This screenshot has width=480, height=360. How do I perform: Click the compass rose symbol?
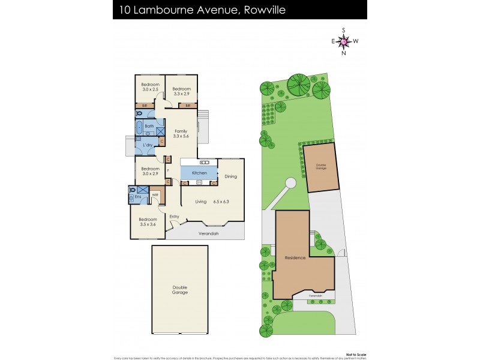[344, 41]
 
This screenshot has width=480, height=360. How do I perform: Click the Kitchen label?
[199, 173]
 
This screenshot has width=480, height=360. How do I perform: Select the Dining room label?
[231, 176]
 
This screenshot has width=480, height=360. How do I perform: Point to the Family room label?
[181, 131]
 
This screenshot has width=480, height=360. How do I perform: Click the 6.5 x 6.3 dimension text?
[226, 202]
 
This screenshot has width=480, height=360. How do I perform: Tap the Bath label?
[149, 126]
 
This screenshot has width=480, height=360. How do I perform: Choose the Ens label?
[137, 197]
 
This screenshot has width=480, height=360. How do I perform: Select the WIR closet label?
[154, 195]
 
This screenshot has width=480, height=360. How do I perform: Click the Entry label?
[175, 217]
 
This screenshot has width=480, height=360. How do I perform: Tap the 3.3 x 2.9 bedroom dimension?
[181, 94]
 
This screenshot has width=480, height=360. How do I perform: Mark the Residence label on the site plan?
[295, 258]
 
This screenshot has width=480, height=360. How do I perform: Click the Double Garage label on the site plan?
[322, 168]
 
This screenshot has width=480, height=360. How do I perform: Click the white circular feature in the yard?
[290, 183]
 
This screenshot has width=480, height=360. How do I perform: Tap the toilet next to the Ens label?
[131, 190]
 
